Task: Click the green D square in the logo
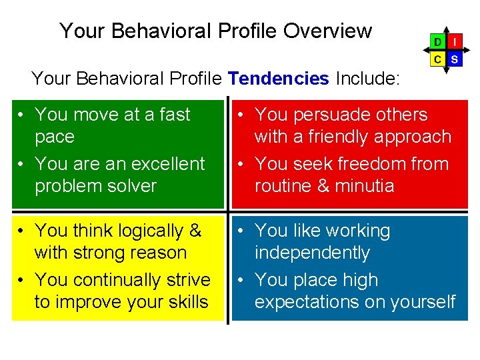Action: (x=437, y=41)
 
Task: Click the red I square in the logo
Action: (x=455, y=41)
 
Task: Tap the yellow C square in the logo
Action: (x=437, y=59)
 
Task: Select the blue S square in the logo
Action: (x=455, y=59)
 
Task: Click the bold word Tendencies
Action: (x=278, y=79)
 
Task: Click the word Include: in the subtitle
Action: (x=367, y=79)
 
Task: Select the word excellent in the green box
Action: (x=161, y=163)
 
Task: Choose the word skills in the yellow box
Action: (x=184, y=302)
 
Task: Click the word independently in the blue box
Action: (x=312, y=253)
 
